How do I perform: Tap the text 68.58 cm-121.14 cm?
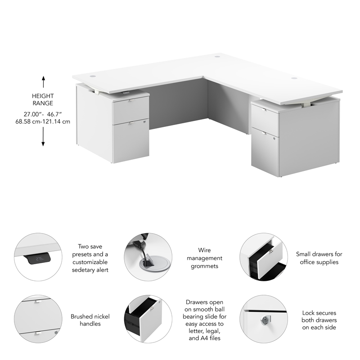point(43,121)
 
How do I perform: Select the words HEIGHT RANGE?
point(43,99)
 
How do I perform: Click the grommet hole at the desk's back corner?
point(217,57)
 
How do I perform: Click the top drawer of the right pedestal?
point(265,118)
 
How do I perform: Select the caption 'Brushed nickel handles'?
point(90,320)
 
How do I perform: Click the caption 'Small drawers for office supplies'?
point(319,258)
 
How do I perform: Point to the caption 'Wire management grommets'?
point(204,258)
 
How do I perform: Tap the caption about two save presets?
point(90,258)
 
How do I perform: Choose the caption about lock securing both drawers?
point(319,320)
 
